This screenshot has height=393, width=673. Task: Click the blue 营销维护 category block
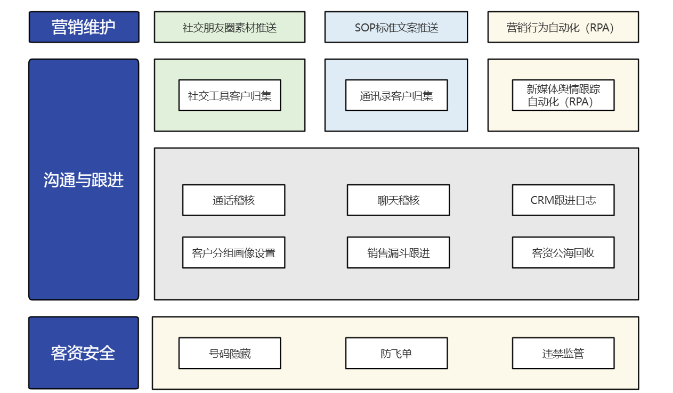pyautogui.click(x=84, y=27)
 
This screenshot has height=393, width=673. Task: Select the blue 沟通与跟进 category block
pyautogui.click(x=84, y=179)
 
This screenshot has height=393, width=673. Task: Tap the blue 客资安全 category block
pyautogui.click(x=84, y=353)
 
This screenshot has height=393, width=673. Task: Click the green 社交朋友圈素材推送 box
pyautogui.click(x=230, y=27)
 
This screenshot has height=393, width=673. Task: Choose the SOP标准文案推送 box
pyautogui.click(x=396, y=27)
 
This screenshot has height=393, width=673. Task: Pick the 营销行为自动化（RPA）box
pyautogui.click(x=563, y=27)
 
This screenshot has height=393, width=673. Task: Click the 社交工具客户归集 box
pyautogui.click(x=230, y=95)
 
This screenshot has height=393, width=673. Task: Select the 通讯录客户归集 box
pyautogui.click(x=396, y=95)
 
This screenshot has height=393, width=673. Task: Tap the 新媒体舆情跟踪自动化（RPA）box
pyautogui.click(x=563, y=95)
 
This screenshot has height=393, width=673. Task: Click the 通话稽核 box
pyautogui.click(x=233, y=200)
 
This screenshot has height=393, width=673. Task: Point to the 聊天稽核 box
pyautogui.click(x=398, y=200)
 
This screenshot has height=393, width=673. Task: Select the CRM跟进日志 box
pyautogui.click(x=563, y=200)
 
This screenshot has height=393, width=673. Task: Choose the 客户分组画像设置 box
pyautogui.click(x=233, y=252)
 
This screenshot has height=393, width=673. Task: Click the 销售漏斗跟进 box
pyautogui.click(x=398, y=252)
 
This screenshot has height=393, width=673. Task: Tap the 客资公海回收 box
pyautogui.click(x=563, y=252)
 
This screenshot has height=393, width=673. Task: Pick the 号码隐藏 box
pyautogui.click(x=230, y=353)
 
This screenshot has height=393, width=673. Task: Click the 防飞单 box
pyautogui.click(x=396, y=353)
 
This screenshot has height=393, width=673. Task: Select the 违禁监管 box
pyautogui.click(x=563, y=353)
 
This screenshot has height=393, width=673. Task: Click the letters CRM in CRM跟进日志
pyautogui.click(x=541, y=200)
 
